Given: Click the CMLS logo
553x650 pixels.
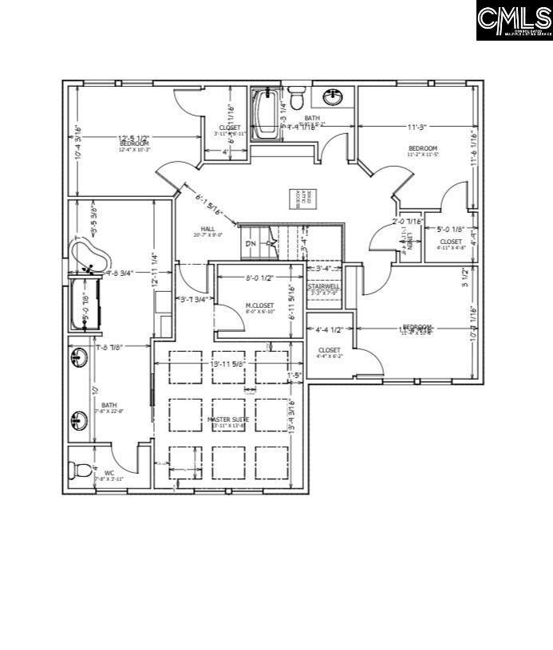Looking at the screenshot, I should pyautogui.click(x=515, y=21).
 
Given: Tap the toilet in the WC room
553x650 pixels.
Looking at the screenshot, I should pyautogui.click(x=79, y=471).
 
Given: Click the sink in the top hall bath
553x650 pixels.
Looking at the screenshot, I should pyautogui.click(x=333, y=97).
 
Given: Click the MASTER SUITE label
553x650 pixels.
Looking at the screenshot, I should pyautogui.click(x=229, y=420).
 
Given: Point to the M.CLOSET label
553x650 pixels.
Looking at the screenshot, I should pyautogui.click(x=259, y=306).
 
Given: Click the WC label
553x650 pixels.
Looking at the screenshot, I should pyautogui.click(x=109, y=473).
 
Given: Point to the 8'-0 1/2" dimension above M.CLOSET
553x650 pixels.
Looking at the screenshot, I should pyautogui.click(x=259, y=278).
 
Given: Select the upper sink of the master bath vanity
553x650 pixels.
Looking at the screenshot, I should pyautogui.click(x=80, y=358).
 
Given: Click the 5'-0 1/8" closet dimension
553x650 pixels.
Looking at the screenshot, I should pyautogui.click(x=452, y=230).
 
